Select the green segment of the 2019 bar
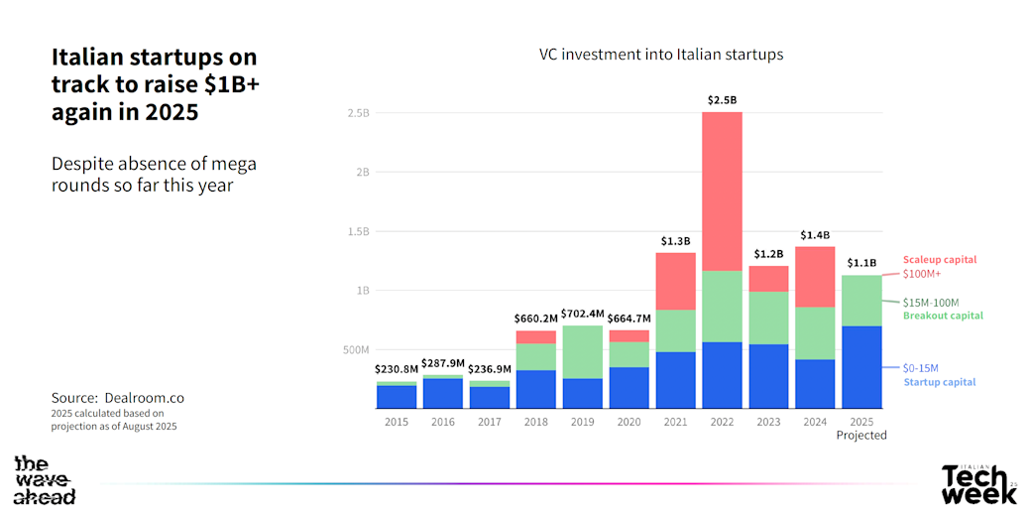point(583,351)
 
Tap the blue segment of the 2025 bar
point(860,367)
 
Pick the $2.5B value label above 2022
point(722,100)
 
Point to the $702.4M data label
point(583,314)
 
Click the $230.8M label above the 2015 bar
point(397,369)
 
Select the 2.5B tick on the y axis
point(358,113)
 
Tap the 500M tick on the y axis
point(356,350)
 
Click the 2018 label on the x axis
point(535,421)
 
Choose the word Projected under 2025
point(860,435)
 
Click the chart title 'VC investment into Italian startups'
point(661,55)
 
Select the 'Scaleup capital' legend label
point(938,259)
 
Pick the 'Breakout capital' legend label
point(943,316)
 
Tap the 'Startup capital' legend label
point(940,382)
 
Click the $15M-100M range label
point(931,303)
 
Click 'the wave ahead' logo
point(45,480)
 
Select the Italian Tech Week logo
point(978,483)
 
